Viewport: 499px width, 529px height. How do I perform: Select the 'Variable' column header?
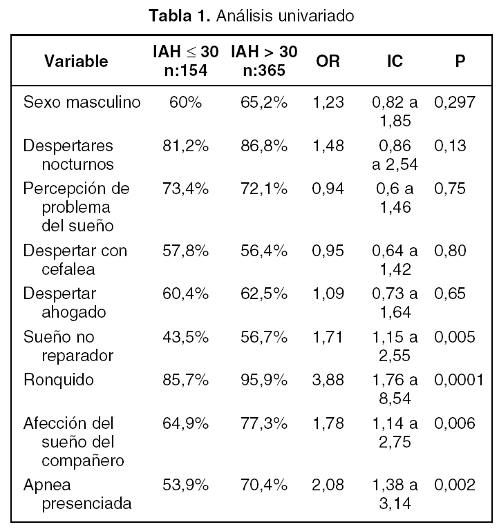coord(76,61)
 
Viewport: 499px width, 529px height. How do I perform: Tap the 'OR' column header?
coord(328,61)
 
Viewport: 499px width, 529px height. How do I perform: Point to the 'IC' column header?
coord(395,61)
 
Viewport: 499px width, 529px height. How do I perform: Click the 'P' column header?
coord(460,61)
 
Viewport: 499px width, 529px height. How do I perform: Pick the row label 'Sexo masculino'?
coord(82,103)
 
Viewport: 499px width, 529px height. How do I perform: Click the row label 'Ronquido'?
coord(59,379)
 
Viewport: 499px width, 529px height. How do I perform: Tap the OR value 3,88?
coord(328,379)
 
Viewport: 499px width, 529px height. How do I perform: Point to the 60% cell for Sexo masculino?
coord(185,103)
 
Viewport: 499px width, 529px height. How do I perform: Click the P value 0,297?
coord(454,103)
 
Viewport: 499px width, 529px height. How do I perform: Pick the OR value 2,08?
coord(328,484)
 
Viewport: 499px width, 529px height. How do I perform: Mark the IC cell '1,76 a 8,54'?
coord(395,389)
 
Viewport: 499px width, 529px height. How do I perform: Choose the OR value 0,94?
coord(328,189)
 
